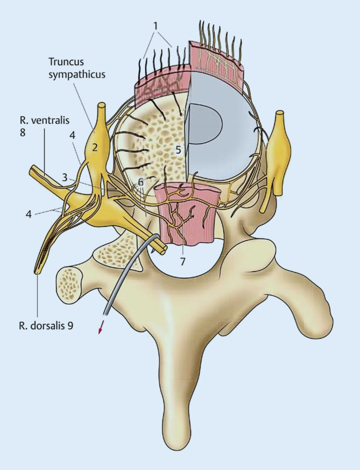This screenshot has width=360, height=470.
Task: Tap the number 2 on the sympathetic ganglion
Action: (94, 147)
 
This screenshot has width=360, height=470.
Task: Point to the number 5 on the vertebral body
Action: (178, 151)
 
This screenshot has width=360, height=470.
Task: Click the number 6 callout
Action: (140, 182)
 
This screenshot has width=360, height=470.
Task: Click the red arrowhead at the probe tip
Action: (100, 330)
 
